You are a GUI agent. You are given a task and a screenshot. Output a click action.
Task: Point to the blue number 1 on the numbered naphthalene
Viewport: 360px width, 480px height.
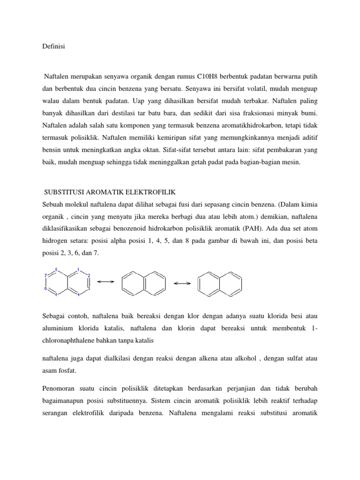point(78,270)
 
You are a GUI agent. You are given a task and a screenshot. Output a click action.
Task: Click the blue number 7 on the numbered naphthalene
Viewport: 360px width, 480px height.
point(45,276)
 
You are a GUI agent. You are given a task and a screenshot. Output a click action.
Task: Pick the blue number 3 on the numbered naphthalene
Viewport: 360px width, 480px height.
point(89,289)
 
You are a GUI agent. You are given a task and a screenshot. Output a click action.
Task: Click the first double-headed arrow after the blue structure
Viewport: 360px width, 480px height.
point(105,282)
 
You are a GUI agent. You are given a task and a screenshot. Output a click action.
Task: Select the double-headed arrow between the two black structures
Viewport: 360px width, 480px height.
point(182,283)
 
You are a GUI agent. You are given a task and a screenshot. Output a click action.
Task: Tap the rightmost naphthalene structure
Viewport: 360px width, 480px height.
point(217,283)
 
